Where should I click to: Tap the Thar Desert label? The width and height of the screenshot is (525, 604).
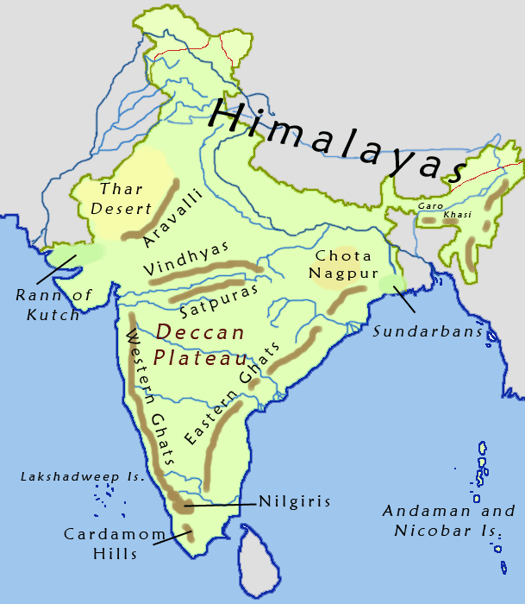coord(126,198)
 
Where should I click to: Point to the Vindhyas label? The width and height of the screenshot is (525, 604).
coord(176,256)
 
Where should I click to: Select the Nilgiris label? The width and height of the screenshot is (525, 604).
coord(294,500)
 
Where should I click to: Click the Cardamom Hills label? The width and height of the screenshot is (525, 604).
coord(114,544)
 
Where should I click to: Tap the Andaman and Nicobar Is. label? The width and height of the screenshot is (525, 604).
coord(448,520)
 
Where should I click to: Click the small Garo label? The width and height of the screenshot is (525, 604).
coord(428,206)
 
